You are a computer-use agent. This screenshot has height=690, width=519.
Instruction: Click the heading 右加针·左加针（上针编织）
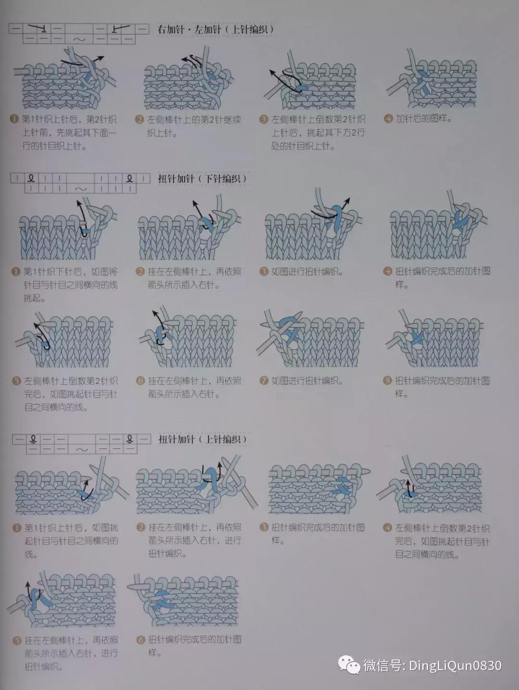216,30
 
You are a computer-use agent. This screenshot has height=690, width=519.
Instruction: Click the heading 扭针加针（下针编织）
202,179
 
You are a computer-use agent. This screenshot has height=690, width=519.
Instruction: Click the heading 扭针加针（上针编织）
202,439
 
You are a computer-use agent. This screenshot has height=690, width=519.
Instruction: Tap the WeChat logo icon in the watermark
349,665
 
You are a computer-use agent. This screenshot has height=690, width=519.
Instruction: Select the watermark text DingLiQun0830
455,665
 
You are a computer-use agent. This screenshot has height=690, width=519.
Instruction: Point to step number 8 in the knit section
388,381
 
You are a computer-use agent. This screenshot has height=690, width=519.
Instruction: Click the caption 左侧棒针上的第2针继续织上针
194,126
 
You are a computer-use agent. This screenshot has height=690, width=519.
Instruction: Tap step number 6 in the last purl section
141,640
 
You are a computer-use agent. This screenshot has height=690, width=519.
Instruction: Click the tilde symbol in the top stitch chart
79,39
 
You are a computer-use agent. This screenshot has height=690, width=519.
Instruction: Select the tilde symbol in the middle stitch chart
81,189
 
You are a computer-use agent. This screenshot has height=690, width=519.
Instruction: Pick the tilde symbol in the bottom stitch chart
82,449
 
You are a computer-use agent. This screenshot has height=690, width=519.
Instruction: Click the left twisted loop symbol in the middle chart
31,179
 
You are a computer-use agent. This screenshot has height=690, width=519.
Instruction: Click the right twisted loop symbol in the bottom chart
129,439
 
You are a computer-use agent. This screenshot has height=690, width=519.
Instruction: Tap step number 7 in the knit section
263,381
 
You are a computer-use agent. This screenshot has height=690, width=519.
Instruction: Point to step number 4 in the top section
388,119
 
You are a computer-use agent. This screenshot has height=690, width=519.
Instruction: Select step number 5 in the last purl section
17,641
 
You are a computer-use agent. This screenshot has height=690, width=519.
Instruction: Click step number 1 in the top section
15,119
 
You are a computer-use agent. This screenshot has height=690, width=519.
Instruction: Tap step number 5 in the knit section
16,381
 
